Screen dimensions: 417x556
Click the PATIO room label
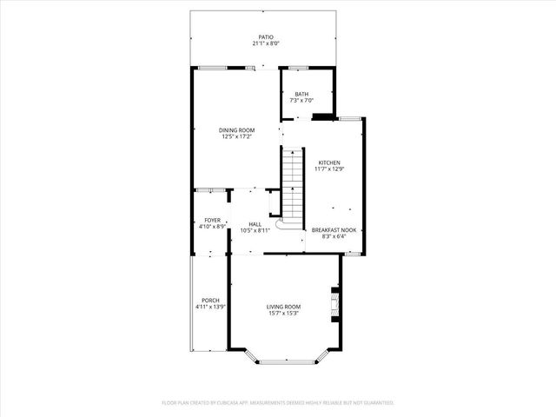265,36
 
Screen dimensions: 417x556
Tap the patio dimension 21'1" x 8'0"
265,43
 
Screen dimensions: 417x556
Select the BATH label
301,95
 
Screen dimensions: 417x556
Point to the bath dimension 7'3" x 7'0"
301,102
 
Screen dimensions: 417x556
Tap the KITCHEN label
329,162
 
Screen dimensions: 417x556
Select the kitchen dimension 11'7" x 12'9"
329,169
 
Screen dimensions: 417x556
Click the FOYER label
212,221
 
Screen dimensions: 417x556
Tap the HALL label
255,224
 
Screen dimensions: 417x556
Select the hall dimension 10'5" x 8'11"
255,231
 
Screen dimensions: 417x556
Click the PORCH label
210,300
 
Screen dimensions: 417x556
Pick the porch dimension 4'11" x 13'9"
210,307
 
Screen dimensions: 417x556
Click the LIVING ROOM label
283,307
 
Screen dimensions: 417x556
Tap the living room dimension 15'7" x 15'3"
283,314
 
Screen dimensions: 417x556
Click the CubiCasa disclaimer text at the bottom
278,403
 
